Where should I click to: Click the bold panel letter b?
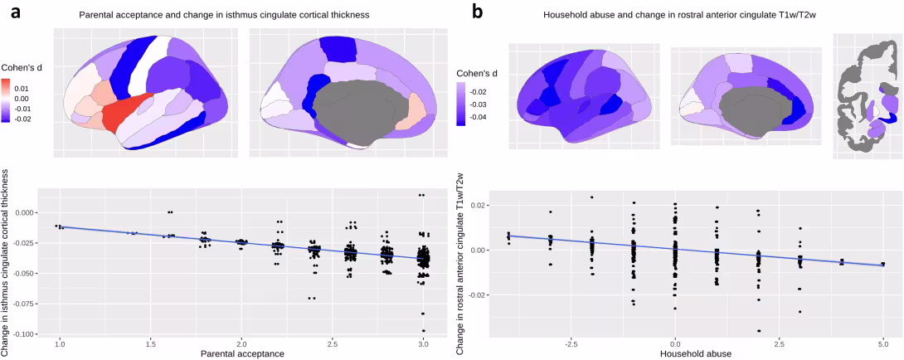477,12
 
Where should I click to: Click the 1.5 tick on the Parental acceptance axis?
150,343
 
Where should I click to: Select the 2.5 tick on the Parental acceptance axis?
332,343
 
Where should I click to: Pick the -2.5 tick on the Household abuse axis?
571,343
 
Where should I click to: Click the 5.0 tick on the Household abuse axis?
883,343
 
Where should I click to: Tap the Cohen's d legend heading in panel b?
479,74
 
